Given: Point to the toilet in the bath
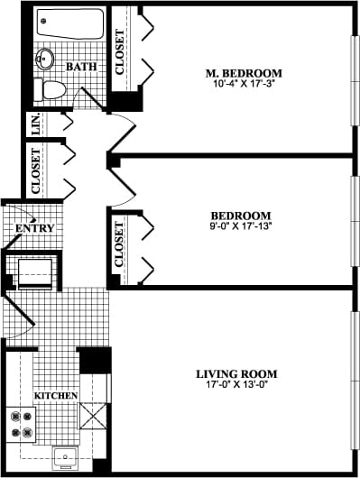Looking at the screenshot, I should click(x=51, y=88).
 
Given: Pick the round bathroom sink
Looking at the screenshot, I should click(x=46, y=60).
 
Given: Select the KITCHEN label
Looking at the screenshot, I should click(x=56, y=396).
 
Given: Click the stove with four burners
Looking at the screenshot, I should click(x=22, y=424).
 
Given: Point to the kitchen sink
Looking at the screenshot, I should click(x=65, y=456).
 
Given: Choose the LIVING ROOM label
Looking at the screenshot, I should click(x=236, y=373).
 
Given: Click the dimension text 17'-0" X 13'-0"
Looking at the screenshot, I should click(x=236, y=385).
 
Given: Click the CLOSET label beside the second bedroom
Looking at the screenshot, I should click(x=120, y=244).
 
